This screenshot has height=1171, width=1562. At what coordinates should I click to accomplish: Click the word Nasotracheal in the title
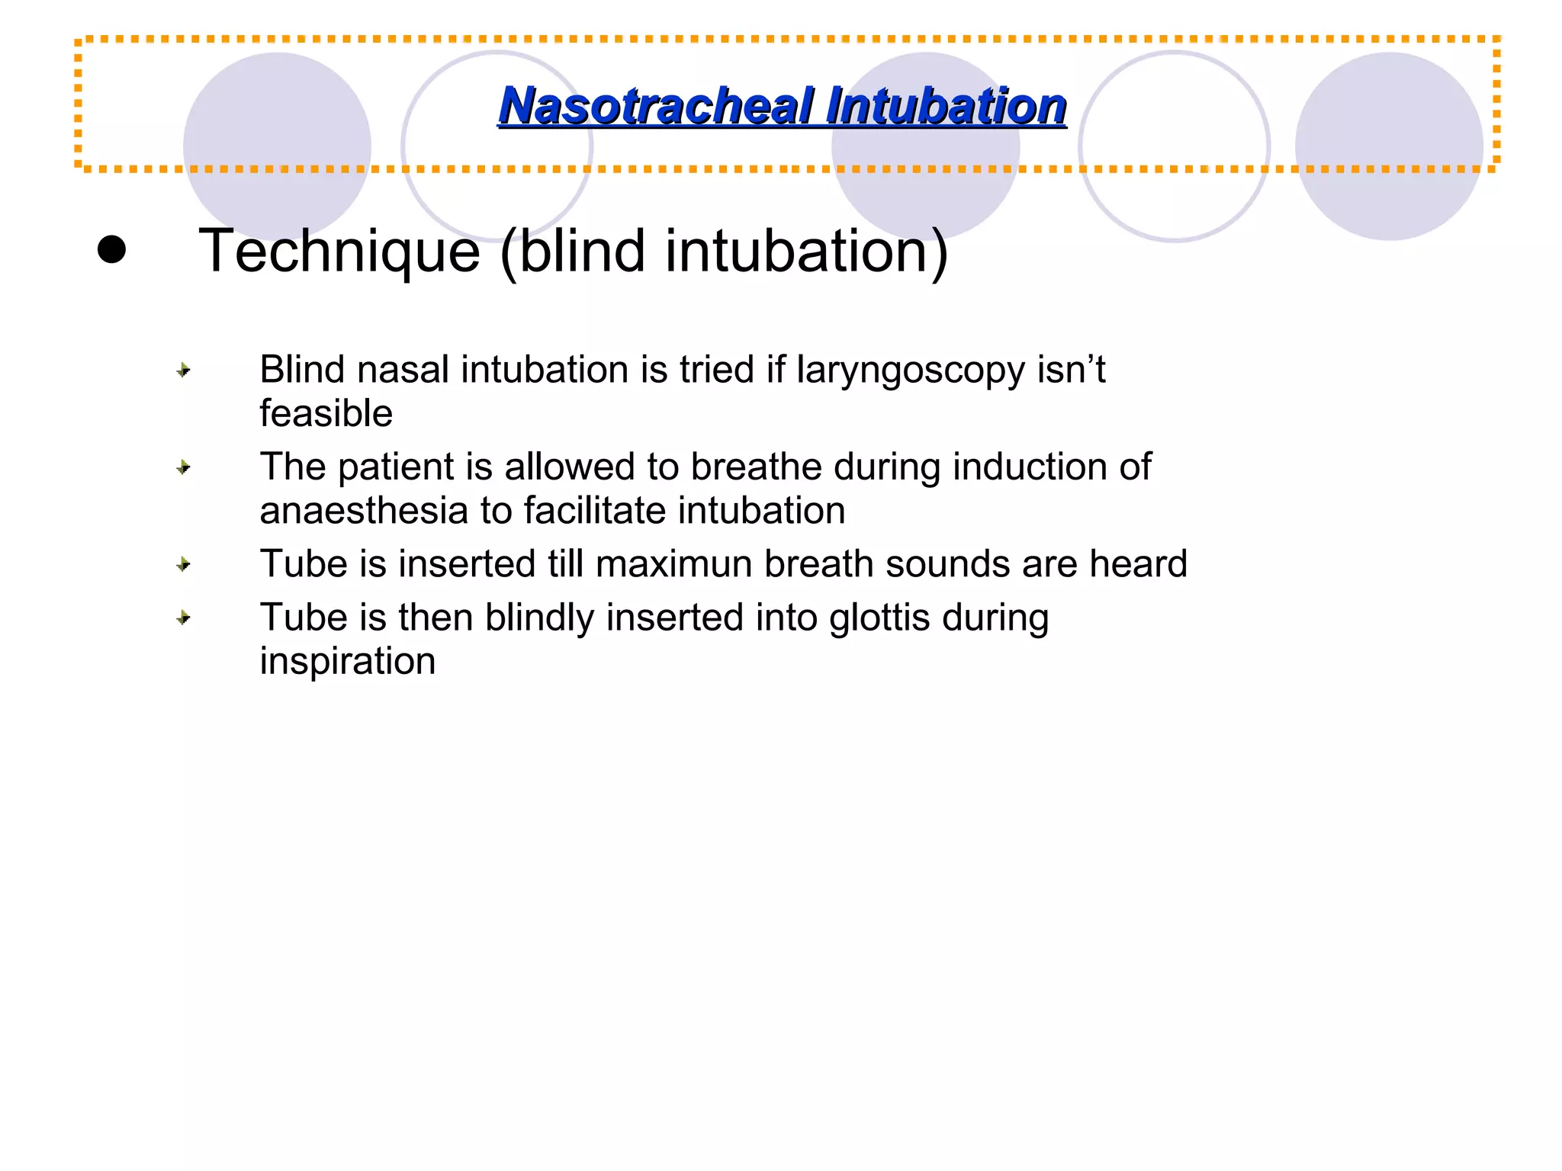click(657, 106)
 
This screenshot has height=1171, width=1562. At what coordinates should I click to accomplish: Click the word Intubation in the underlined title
click(946, 106)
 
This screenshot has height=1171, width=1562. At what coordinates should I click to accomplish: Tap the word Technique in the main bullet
click(339, 251)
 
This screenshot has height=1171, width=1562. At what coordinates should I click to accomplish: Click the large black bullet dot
click(111, 249)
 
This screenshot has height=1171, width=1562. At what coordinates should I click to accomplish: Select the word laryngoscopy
click(911, 371)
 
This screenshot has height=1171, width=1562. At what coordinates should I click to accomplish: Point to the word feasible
click(326, 414)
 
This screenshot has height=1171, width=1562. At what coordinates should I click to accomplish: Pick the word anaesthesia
click(363, 511)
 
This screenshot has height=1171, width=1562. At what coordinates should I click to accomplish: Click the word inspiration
click(347, 662)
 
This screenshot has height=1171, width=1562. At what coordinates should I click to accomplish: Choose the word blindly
click(539, 618)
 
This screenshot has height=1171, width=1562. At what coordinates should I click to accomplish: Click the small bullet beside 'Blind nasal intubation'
click(183, 371)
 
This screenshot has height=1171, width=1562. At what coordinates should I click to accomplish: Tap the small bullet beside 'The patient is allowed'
click(183, 467)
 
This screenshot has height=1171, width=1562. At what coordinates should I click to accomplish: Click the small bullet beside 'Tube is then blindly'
click(183, 618)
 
